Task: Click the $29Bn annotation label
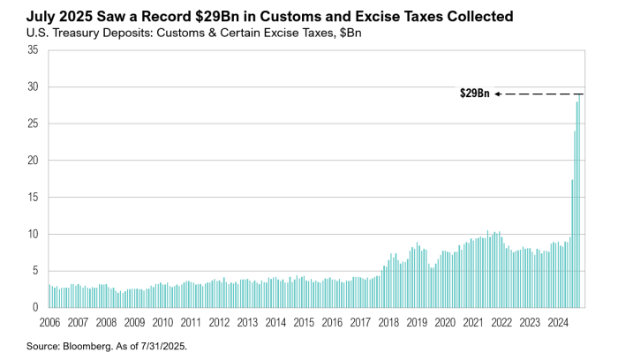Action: point(475,94)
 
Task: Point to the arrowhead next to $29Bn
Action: point(497,94)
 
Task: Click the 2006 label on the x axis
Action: point(50,323)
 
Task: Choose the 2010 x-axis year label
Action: point(162,323)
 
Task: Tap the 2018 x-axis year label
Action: point(388,323)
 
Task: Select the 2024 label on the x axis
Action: point(557,323)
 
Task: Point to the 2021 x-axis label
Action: point(473,323)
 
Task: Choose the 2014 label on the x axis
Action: point(275,323)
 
